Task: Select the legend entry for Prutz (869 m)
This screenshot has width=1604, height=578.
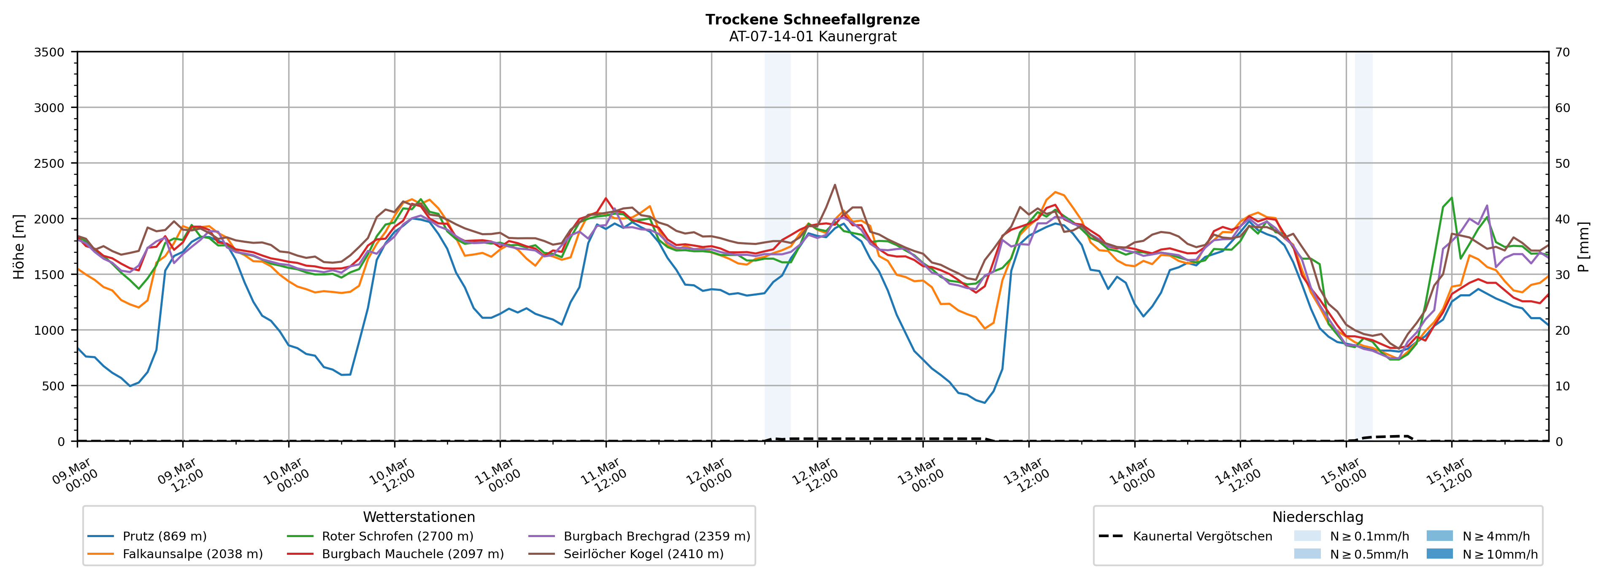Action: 165,536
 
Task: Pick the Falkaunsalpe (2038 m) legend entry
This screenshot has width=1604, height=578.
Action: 192,554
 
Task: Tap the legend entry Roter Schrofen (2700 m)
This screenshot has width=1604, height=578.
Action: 397,536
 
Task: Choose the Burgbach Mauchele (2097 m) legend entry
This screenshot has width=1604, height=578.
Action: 412,554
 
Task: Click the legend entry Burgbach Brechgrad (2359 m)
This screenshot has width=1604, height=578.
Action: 656,536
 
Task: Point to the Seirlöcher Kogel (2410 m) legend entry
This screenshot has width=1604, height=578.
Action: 643,554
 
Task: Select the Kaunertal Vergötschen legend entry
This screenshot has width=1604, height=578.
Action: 1202,536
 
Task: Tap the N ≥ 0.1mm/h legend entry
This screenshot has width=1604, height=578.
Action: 1369,536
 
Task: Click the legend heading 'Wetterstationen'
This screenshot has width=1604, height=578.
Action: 419,517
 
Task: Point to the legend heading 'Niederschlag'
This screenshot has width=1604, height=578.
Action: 1317,517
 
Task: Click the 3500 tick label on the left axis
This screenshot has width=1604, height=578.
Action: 49,52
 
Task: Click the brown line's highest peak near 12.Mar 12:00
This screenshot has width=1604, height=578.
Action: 834,184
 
